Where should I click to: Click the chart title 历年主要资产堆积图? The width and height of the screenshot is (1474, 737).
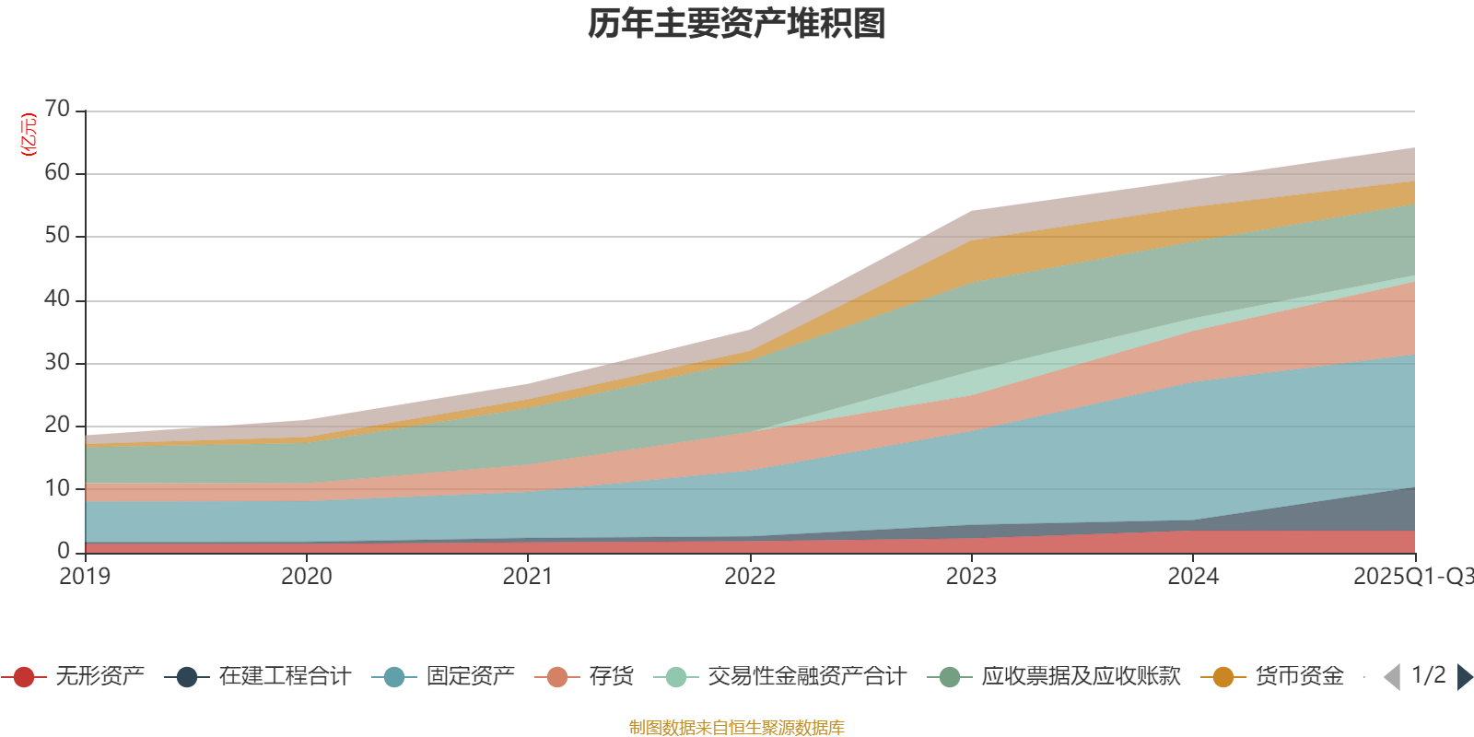click(x=737, y=24)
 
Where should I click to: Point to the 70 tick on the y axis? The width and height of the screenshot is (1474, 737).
click(x=57, y=110)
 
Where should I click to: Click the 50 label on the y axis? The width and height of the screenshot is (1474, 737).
click(x=57, y=236)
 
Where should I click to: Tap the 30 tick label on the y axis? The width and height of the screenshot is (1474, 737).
click(x=57, y=362)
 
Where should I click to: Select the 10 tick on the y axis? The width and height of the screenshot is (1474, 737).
click(x=57, y=488)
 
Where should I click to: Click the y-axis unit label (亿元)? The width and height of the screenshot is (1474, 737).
click(x=29, y=135)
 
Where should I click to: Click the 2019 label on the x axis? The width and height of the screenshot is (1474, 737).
click(x=85, y=577)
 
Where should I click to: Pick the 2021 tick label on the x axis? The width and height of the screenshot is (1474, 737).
click(x=528, y=577)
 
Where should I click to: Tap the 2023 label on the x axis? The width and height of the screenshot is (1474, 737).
click(x=971, y=577)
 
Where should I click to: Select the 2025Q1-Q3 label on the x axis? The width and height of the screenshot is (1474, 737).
click(x=1411, y=577)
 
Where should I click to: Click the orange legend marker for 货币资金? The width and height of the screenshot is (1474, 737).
click(x=1223, y=677)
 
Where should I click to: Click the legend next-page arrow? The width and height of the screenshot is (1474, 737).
click(x=1464, y=677)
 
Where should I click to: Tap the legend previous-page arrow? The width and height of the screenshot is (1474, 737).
click(x=1392, y=677)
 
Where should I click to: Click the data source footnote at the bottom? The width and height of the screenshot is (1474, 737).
click(x=737, y=728)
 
